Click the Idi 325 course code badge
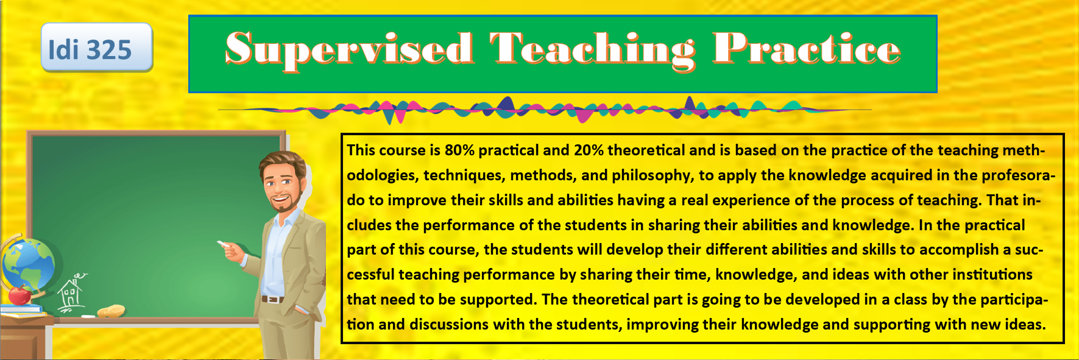click(97, 48)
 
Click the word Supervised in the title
click(349, 49)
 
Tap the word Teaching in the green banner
click(592, 51)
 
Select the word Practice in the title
click(806, 48)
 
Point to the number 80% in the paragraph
click(460, 150)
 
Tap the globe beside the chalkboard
click(28, 265)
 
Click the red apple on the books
click(20, 295)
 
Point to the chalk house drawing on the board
click(72, 292)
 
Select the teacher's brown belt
click(272, 299)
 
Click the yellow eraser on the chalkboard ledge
click(111, 311)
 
